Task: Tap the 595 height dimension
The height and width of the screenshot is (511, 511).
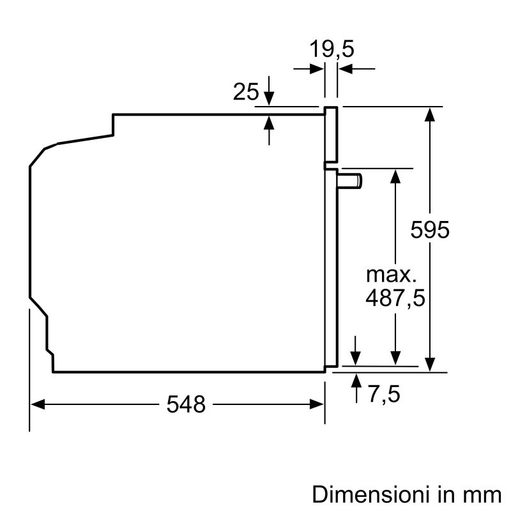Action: click(x=430, y=229)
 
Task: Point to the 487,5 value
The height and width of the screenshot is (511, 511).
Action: click(x=395, y=298)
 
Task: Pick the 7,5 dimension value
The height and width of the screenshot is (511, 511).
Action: click(x=383, y=394)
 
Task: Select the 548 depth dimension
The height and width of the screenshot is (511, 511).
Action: click(x=187, y=404)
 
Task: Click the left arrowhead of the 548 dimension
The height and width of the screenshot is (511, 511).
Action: click(x=37, y=404)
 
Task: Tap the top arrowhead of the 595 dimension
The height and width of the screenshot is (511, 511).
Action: click(x=431, y=113)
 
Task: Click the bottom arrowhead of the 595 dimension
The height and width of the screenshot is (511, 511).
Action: click(x=431, y=365)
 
